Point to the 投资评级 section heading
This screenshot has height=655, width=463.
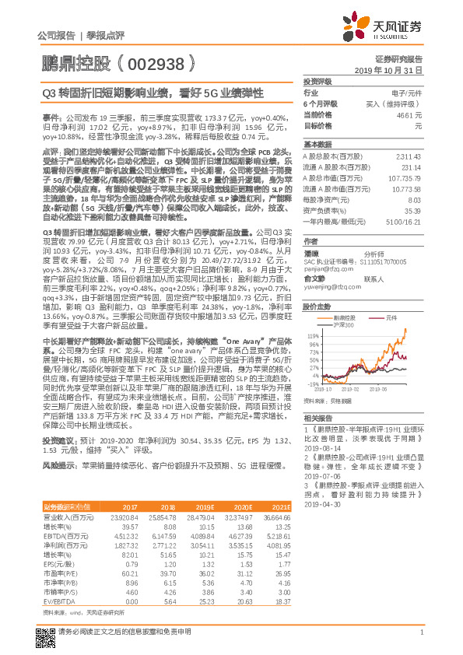point(317,81)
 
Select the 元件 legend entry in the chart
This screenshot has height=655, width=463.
point(389,317)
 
